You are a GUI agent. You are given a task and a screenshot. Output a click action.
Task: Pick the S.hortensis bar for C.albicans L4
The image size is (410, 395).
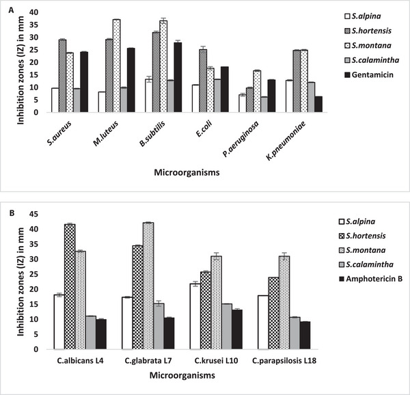[x=69, y=286]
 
